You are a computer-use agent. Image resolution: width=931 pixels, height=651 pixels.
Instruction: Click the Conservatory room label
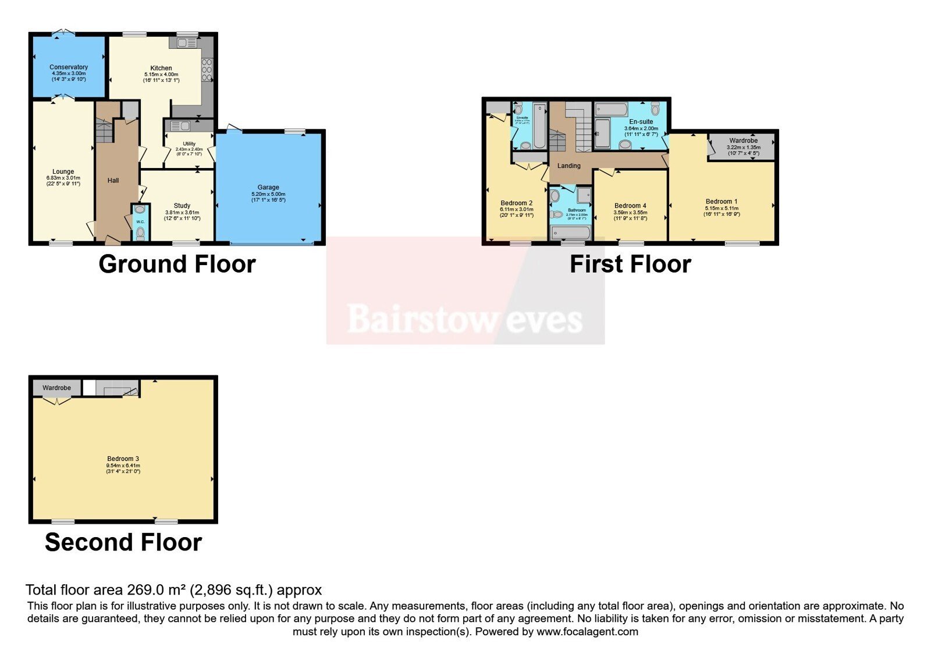pyautogui.click(x=69, y=67)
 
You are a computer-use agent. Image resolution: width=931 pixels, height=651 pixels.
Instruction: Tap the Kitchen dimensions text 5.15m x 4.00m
pyautogui.click(x=161, y=74)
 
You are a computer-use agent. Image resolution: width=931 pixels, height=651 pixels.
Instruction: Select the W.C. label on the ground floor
pyautogui.click(x=140, y=221)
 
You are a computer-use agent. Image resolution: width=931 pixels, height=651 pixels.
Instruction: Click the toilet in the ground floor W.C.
pyautogui.click(x=140, y=233)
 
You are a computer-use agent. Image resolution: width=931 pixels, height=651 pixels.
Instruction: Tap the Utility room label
pyautogui.click(x=189, y=144)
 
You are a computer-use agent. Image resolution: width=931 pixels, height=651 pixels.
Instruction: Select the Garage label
pyautogui.click(x=268, y=187)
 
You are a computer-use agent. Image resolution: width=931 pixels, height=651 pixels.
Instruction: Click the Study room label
pyautogui.click(x=182, y=206)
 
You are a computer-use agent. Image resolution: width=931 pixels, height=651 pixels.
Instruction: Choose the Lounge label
pyautogui.click(x=63, y=171)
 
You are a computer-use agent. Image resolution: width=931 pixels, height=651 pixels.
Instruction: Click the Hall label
pyautogui.click(x=113, y=181)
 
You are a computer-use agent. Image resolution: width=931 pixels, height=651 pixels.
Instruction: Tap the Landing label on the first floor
pyautogui.click(x=569, y=166)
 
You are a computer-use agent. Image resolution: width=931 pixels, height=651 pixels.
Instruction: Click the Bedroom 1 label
pyautogui.click(x=722, y=202)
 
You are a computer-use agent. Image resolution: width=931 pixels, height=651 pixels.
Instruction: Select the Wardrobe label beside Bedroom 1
pyautogui.click(x=744, y=141)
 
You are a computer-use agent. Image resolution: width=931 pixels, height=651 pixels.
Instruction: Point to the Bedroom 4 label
pyautogui.click(x=630, y=206)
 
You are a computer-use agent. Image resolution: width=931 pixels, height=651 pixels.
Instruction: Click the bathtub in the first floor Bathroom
pyautogui.click(x=571, y=234)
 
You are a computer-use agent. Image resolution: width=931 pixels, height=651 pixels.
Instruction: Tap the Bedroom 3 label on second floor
pyautogui.click(x=123, y=459)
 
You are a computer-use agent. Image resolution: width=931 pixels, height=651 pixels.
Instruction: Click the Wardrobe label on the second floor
pyautogui.click(x=56, y=388)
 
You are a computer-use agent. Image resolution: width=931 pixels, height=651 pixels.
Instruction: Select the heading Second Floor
pyautogui.click(x=123, y=542)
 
